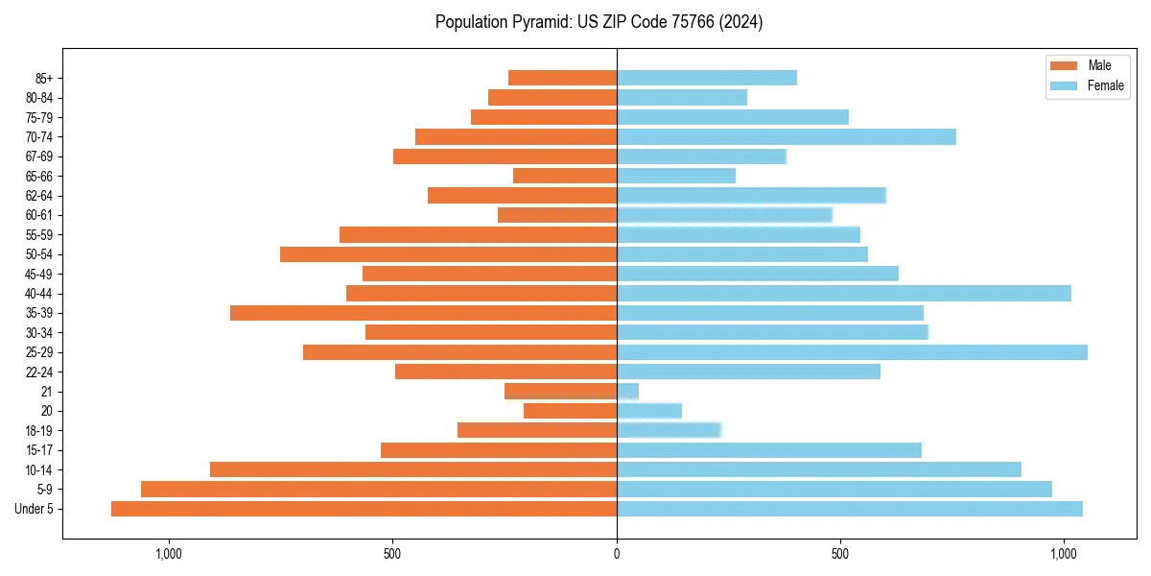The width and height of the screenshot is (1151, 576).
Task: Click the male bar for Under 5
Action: click(x=364, y=509)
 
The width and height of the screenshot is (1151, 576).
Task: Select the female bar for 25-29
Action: click(x=852, y=352)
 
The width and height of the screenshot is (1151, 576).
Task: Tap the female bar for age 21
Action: click(x=627, y=392)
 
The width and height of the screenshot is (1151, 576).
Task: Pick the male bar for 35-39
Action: click(x=424, y=313)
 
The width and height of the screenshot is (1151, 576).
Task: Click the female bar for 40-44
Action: click(x=844, y=294)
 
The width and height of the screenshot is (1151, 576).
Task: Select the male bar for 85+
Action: click(x=563, y=78)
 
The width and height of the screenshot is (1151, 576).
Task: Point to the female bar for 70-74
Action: click(x=787, y=136)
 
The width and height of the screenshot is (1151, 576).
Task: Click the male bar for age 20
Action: click(x=571, y=411)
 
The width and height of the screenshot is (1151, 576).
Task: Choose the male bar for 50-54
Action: click(x=449, y=254)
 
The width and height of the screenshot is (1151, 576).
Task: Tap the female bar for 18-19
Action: click(x=669, y=430)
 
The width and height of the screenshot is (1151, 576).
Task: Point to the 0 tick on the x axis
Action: click(x=617, y=554)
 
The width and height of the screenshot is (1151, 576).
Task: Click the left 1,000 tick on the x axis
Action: click(x=169, y=554)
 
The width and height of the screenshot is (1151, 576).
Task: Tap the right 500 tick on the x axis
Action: click(x=840, y=554)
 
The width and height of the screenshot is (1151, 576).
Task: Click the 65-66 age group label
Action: click(x=39, y=176)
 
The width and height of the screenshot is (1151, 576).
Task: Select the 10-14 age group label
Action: click(x=39, y=469)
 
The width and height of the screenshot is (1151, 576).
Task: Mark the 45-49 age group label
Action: click(x=39, y=274)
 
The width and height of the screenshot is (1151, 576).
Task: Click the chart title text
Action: click(x=599, y=22)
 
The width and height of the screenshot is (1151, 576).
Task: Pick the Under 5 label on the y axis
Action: click(x=35, y=509)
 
